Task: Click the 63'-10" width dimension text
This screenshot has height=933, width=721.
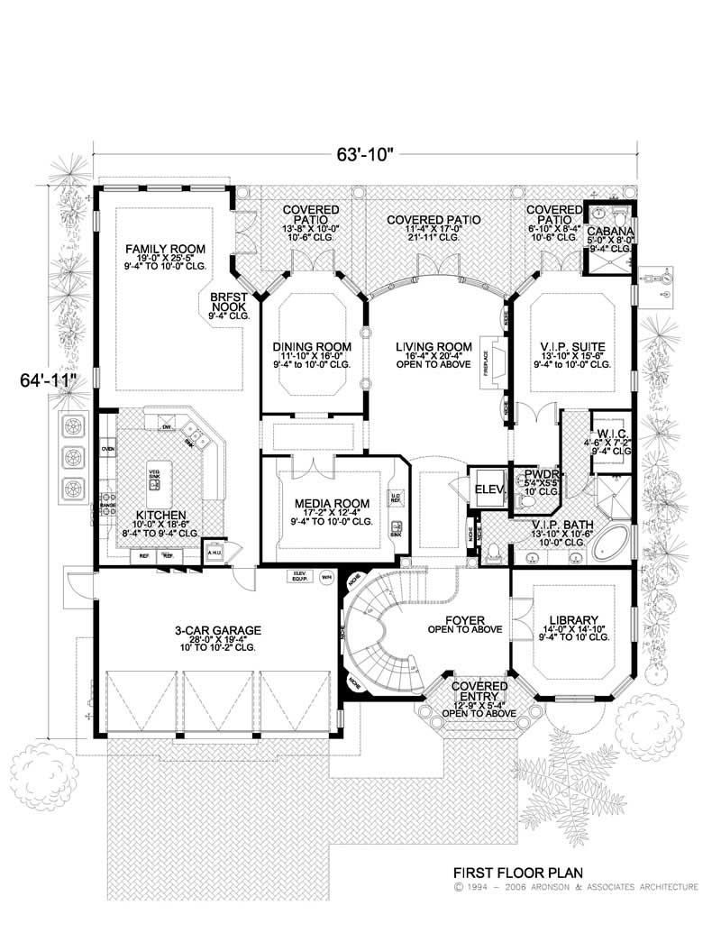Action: tap(367, 154)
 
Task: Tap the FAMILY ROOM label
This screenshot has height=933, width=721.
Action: tap(166, 248)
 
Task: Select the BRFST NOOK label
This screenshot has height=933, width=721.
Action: tap(229, 300)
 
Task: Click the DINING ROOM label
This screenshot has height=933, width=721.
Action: tap(312, 346)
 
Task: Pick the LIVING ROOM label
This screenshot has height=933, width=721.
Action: tap(440, 346)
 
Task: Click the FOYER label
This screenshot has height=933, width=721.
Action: tap(464, 620)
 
